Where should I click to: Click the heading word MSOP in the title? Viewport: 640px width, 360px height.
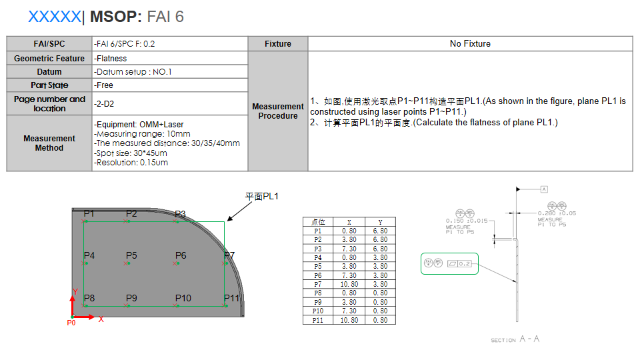point(115,17)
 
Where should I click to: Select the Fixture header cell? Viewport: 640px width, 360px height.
point(277,44)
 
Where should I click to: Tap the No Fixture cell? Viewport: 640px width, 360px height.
point(470,44)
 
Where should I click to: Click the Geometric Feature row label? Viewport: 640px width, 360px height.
point(49,59)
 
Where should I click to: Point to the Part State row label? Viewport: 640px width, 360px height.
point(49,85)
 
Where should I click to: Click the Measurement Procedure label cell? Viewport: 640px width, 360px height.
point(277,111)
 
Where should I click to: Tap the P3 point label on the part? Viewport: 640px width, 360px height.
point(180,214)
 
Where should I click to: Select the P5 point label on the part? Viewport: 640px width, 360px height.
point(131,255)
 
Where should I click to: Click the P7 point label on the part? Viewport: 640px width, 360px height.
point(229,255)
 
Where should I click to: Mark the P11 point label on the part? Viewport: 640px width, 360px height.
point(231,298)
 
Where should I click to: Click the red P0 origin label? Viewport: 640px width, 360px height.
point(71,323)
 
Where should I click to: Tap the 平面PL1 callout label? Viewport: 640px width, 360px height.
point(261,197)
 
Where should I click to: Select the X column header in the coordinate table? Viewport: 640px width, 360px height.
point(349,222)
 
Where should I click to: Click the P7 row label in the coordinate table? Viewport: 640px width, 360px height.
point(317,284)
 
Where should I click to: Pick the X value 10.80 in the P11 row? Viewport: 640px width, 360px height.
point(349,320)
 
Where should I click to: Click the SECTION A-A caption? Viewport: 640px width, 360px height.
point(515,340)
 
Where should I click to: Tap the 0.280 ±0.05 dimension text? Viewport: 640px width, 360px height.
point(557,213)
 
